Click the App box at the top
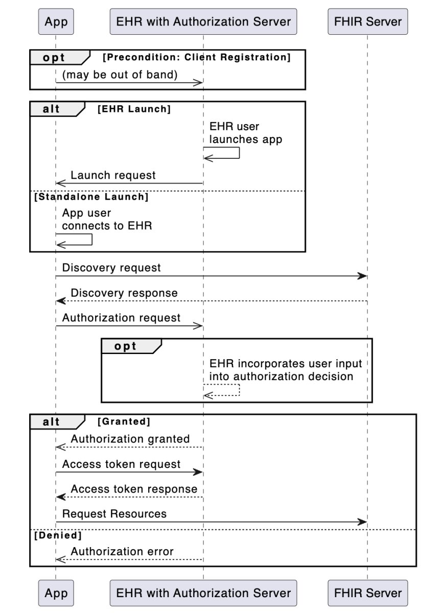coord(56,21)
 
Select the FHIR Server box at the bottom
coord(367,593)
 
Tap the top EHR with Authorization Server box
coord(203,21)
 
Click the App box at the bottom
coord(56,593)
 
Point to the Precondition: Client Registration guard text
coord(197,57)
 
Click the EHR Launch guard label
coord(134,109)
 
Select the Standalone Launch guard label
coord(91,197)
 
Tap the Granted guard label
coord(124,421)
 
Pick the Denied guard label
coord(58,535)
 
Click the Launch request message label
coord(113,175)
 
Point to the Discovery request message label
coord(111,268)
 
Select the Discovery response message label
coord(124,293)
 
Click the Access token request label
coord(121,464)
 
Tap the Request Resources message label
coord(114,514)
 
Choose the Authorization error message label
coord(122,551)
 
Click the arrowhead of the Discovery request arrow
coord(362,276)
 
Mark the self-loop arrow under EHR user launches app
coord(239,153)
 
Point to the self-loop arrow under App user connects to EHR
coord(91,240)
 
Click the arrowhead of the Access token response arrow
coord(60,497)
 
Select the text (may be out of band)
coord(120,75)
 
